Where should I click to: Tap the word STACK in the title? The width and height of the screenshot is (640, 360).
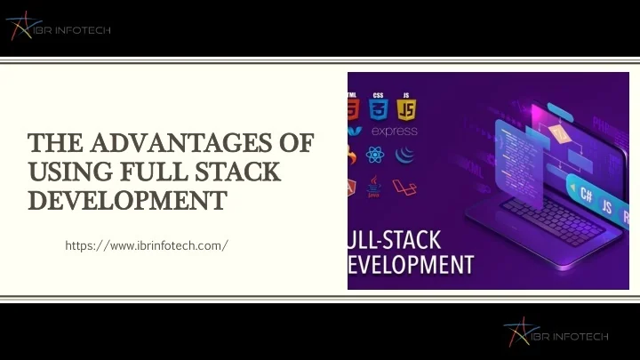coord(245,169)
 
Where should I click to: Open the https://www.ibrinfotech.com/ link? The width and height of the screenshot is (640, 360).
coord(147,244)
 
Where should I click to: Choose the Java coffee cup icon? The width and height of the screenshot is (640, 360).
coord(374,188)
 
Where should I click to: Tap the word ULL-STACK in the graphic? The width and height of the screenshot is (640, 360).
coord(396,240)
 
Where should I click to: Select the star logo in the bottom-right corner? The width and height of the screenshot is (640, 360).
coord(516,333)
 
